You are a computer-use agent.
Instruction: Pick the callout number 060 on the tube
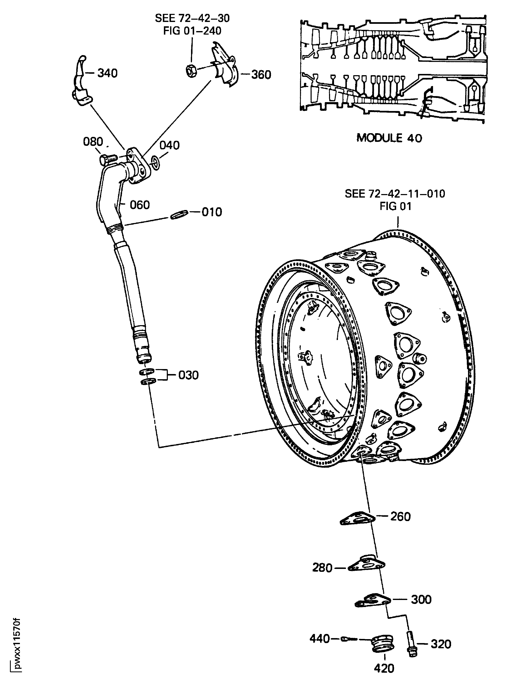click(x=140, y=205)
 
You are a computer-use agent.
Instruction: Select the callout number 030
click(x=188, y=375)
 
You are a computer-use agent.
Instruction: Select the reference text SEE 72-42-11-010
click(x=395, y=194)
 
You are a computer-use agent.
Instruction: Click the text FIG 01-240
click(x=192, y=31)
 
